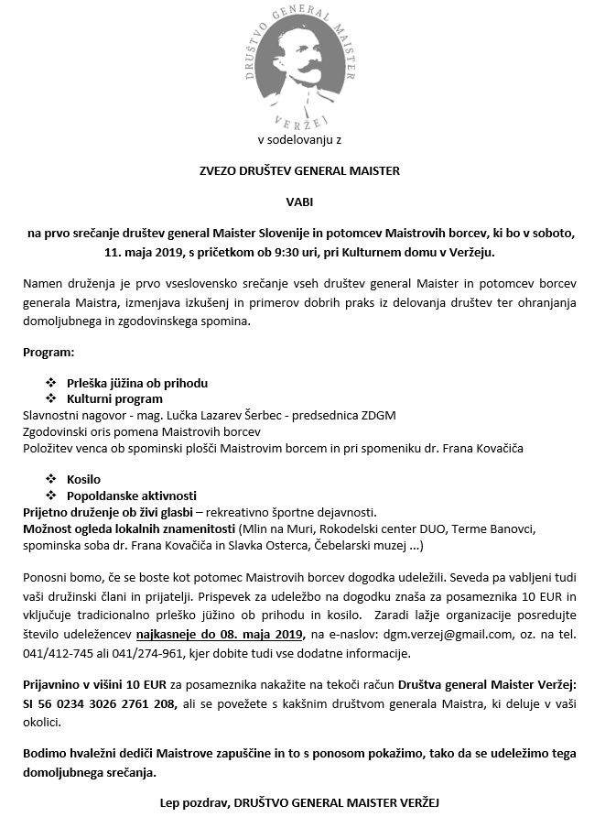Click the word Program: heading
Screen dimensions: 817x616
[x=49, y=352]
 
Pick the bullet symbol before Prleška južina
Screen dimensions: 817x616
[x=51, y=383]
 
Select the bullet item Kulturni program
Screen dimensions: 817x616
[x=115, y=398]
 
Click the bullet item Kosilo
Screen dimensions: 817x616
[x=84, y=479]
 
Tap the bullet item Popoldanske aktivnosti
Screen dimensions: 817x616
[x=125, y=495]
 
